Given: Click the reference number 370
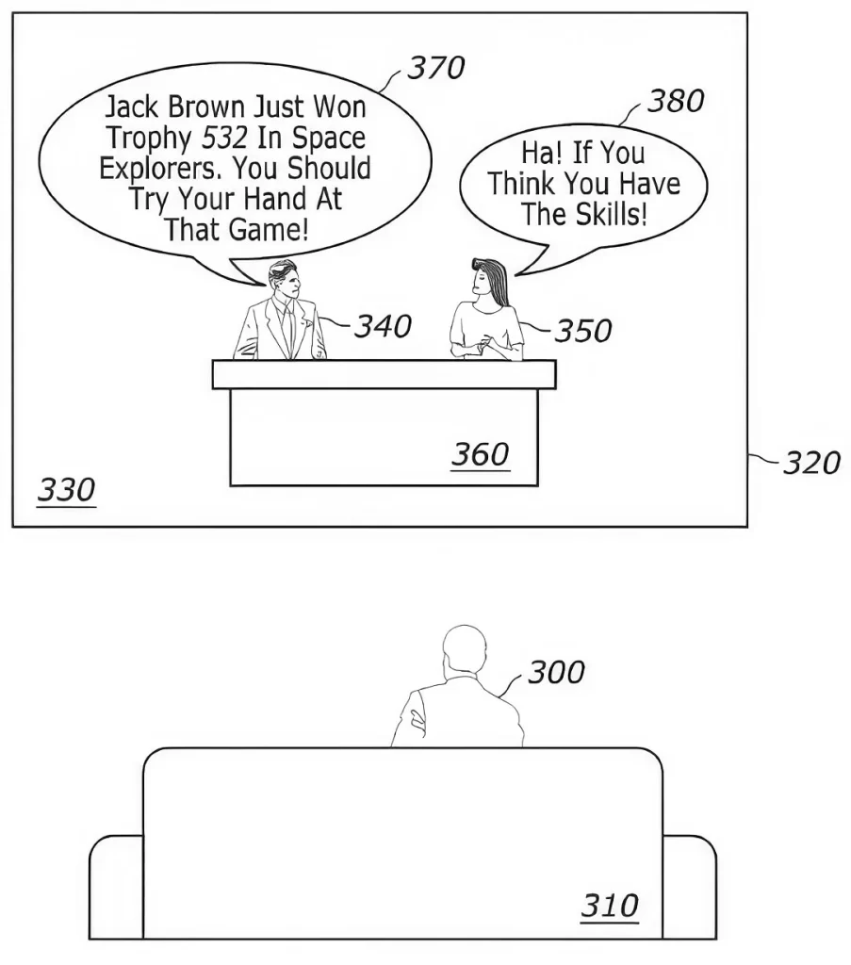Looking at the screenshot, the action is pyautogui.click(x=436, y=68).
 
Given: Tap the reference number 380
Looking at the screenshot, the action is pyautogui.click(x=676, y=101).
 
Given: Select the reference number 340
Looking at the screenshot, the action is pyautogui.click(x=383, y=326).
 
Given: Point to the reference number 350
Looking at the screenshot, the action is pyautogui.click(x=583, y=331).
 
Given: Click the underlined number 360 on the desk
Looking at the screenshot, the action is pyautogui.click(x=480, y=455).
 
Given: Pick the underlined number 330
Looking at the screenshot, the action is pyautogui.click(x=67, y=490).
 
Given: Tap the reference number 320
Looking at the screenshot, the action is pyautogui.click(x=811, y=463).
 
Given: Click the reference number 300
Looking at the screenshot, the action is pyautogui.click(x=556, y=672).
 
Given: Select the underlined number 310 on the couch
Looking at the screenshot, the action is pyautogui.click(x=610, y=906).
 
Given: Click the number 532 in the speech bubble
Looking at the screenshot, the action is pyautogui.click(x=224, y=138).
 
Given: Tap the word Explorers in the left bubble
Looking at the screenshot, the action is pyautogui.click(x=160, y=168).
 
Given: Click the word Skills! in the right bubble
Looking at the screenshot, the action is pyautogui.click(x=611, y=214).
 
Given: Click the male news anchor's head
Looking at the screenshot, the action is pyautogui.click(x=284, y=279).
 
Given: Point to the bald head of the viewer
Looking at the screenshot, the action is pyautogui.click(x=465, y=649).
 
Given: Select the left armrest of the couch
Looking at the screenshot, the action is pyautogui.click(x=116, y=887).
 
